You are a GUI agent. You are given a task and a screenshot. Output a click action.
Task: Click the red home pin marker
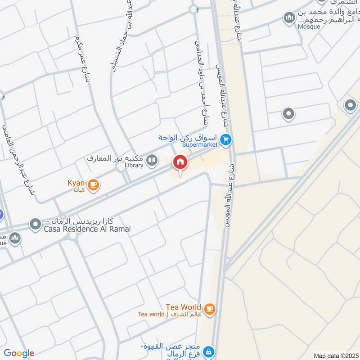(180, 162)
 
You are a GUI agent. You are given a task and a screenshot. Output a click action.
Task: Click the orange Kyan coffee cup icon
(93, 184)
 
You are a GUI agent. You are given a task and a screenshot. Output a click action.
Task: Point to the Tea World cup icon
(209, 309)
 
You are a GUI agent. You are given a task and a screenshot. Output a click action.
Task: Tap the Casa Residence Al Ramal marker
(35, 224)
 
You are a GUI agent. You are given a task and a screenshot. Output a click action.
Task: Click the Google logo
(18, 353)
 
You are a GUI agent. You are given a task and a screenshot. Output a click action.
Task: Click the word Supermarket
(200, 144)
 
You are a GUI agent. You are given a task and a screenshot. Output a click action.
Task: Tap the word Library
(134, 165)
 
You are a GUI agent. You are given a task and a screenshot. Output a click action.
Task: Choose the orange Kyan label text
(76, 183)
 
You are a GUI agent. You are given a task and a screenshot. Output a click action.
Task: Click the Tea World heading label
(184, 307)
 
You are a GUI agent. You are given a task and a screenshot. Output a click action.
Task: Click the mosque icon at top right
(289, 18)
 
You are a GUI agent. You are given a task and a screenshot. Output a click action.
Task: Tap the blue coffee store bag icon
(209, 351)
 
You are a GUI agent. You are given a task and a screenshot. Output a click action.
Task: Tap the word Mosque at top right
(309, 27)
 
